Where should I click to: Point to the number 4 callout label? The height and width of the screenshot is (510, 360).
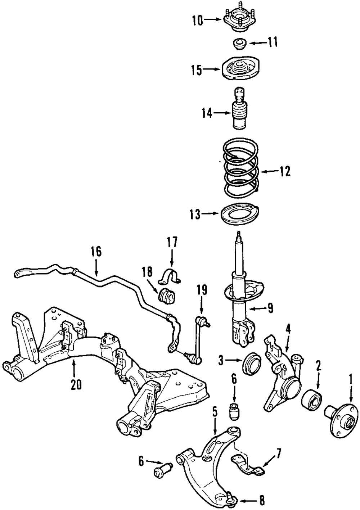point(288,328)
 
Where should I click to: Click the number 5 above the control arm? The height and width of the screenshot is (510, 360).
point(215,411)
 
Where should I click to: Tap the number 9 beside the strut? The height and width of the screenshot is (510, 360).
point(270,308)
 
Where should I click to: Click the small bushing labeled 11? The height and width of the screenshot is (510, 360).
point(238,44)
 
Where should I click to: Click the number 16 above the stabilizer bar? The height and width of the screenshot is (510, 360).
point(96,251)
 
